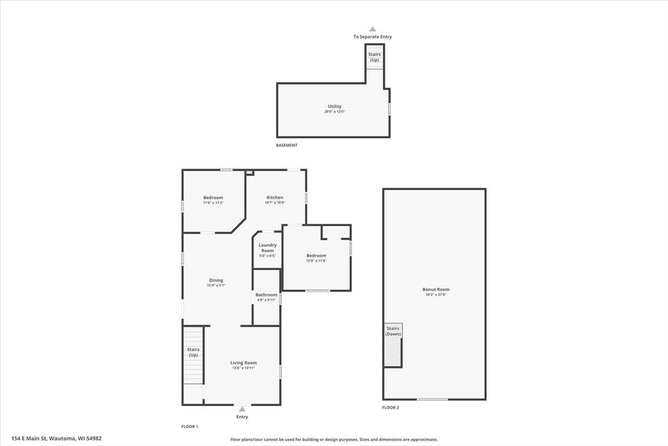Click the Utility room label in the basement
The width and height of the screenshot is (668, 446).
[335, 106]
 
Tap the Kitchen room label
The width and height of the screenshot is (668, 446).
[274, 197]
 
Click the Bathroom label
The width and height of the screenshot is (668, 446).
[266, 295]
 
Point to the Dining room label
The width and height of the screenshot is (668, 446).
[216, 280]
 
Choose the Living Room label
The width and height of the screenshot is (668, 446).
[243, 363]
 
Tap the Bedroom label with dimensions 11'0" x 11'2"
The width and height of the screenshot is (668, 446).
[213, 198]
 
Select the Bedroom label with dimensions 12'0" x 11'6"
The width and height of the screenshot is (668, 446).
[316, 256]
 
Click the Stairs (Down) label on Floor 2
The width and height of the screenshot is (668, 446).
[393, 331]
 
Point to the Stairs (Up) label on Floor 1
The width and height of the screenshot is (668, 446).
[193, 352]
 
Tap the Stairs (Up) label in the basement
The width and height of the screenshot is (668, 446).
[375, 57]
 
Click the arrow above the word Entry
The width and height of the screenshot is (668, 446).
[242, 409]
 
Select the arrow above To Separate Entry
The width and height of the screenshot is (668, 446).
[372, 30]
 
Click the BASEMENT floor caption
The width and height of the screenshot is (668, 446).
[287, 146]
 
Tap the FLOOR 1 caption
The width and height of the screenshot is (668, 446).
[190, 426]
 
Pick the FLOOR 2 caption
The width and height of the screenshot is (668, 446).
[390, 408]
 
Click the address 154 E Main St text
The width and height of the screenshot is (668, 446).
[56, 439]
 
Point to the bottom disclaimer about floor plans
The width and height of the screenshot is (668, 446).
[334, 439]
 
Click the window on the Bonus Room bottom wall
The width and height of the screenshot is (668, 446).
[432, 399]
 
